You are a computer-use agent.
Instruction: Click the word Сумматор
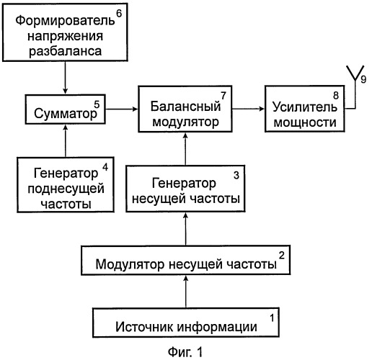[66, 113]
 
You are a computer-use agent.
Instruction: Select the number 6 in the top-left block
[119, 14]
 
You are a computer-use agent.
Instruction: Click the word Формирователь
[65, 21]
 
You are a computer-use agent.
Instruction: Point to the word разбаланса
[66, 51]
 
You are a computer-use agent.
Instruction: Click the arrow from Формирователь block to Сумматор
[66, 78]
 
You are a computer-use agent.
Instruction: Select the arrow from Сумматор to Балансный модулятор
[122, 109]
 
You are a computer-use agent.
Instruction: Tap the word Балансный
[185, 106]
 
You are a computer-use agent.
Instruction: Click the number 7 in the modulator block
[223, 96]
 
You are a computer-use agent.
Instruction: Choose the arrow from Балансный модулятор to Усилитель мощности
[248, 109]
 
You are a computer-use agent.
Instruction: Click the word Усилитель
[305, 107]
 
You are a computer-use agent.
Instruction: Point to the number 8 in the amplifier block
[336, 96]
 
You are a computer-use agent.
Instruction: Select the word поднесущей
[66, 189]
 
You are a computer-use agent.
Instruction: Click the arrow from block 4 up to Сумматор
[66, 140]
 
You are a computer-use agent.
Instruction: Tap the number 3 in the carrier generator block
[236, 175]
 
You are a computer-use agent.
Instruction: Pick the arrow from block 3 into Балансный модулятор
[185, 148]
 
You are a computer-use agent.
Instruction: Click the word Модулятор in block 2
[130, 264]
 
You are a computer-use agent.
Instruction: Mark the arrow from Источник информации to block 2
[185, 292]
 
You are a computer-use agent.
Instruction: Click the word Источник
[146, 327]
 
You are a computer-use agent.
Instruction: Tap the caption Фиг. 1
[185, 352]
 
